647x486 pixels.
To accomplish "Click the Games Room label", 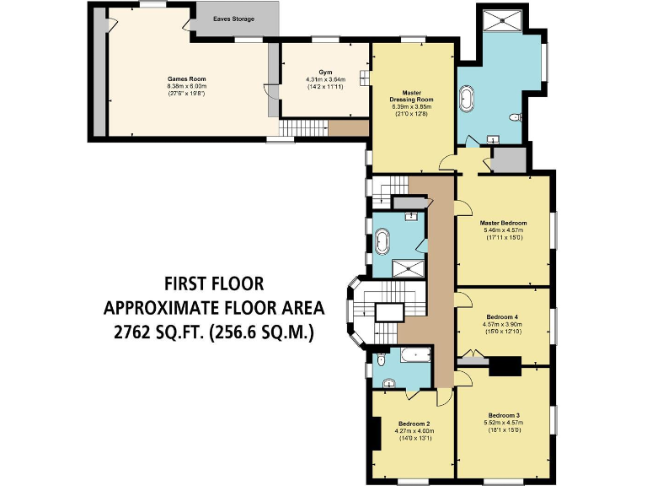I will click(187, 79).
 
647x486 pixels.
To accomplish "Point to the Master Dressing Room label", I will click(411, 96).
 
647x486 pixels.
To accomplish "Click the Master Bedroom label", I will click(503, 223).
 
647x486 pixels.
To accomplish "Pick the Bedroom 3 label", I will click(503, 415).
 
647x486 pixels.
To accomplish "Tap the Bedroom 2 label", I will click(414, 424).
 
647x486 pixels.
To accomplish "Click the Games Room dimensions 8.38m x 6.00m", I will click(187, 86).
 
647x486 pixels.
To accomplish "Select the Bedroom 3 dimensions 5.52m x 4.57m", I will click(503, 423).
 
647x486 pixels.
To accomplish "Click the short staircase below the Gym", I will click(303, 128).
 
